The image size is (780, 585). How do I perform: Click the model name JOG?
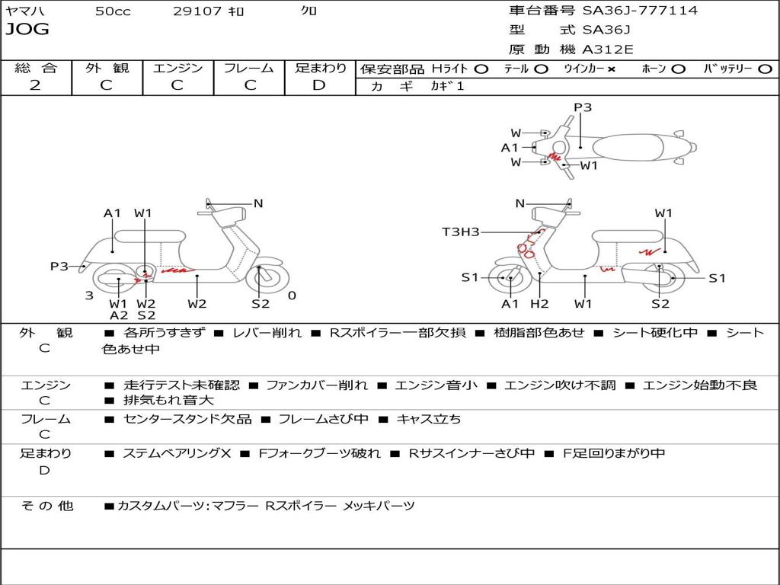tap(27, 30)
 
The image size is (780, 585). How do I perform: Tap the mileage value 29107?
tap(197, 11)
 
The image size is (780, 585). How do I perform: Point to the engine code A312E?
tap(608, 50)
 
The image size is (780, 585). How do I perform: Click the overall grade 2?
tap(35, 85)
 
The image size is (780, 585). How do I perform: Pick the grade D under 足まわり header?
tap(319, 85)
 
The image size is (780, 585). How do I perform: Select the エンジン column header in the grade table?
tap(177, 68)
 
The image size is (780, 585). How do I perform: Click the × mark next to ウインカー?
tap(611, 69)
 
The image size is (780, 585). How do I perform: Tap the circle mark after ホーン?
tap(679, 69)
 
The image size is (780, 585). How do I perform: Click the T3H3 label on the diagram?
tap(461, 232)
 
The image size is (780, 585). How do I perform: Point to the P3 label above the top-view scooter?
tap(583, 107)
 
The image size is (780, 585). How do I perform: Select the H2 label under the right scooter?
tap(539, 304)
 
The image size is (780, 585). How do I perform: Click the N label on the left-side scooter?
tap(258, 203)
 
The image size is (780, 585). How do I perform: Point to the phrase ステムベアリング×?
tap(177, 453)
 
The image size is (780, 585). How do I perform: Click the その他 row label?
tap(46, 505)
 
